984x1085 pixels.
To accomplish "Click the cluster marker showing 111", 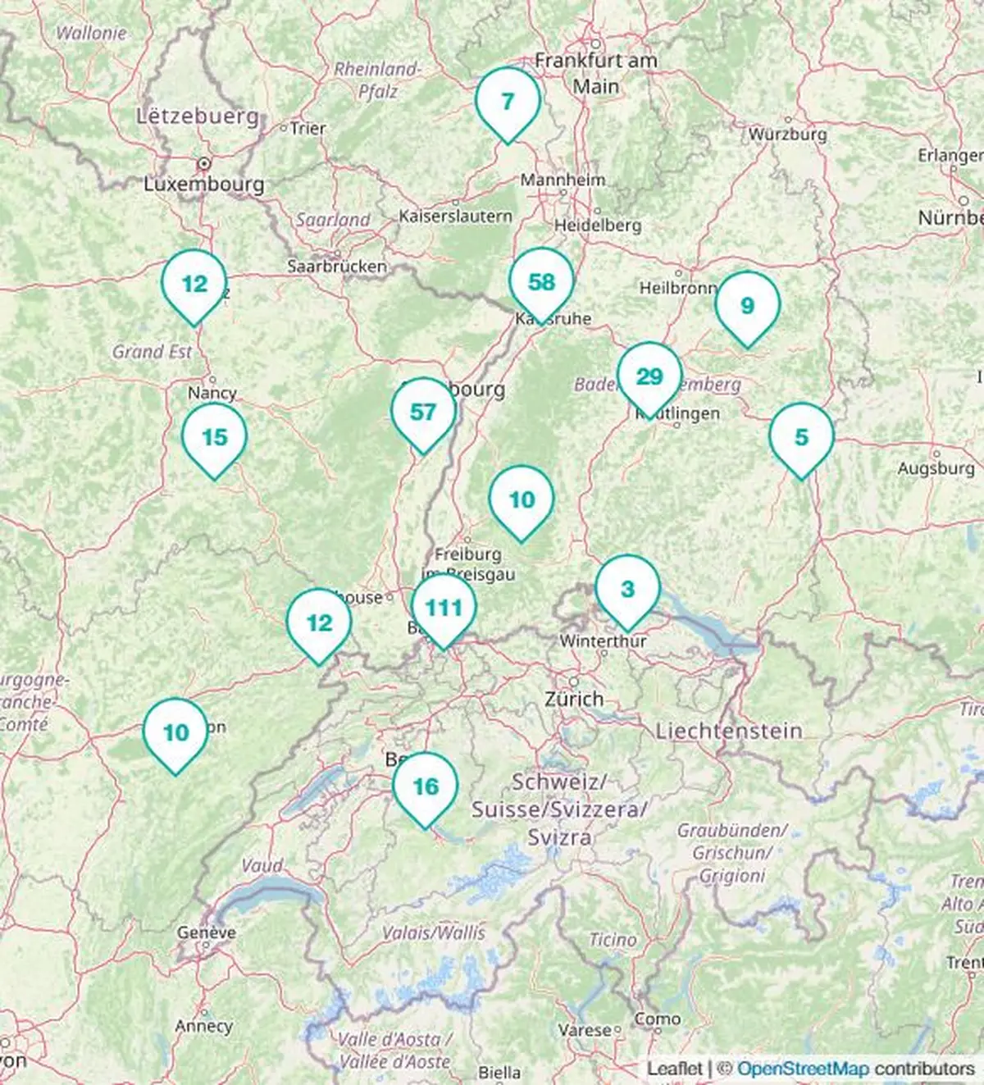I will coord(444,608).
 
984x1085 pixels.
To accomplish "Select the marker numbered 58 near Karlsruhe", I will coord(541,282).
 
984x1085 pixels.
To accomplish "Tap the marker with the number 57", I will coord(423,412).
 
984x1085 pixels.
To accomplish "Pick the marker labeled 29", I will coord(649,376).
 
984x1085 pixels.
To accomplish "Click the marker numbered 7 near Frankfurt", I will coord(508,101).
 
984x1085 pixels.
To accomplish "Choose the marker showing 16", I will coord(426,786).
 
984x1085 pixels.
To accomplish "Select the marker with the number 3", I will coord(627,589).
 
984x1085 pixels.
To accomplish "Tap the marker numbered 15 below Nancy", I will coord(214,437).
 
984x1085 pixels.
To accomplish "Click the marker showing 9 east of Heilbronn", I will coord(747,306).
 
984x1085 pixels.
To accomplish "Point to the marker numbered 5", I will coord(801,437).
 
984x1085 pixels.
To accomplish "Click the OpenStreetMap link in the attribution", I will coord(803,1069).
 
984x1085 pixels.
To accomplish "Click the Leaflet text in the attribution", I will coord(674,1069).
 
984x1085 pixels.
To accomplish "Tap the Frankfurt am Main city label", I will coord(596,73).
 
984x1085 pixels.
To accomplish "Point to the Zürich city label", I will coord(574,699).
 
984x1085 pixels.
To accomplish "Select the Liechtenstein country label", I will coord(729,730).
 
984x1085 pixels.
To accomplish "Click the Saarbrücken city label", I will coord(337,266).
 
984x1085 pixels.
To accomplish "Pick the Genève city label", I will coord(207,932).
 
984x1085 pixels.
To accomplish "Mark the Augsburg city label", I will coord(936,468).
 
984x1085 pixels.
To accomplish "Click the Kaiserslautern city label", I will coord(455,217).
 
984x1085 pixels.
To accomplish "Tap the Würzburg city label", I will coord(787,134).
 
